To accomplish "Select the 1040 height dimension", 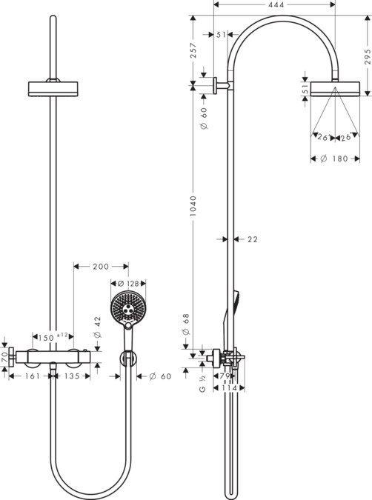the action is pos(193,207).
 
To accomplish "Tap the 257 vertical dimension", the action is pos(193,50).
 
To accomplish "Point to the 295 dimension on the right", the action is pos(368,56).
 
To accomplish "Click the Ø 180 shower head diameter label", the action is pos(334,159).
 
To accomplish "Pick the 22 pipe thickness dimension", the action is pos(253,239).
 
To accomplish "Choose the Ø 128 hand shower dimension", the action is pos(128,283).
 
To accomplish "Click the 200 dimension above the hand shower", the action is pos(101,266).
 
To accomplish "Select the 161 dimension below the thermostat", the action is pos(33,376).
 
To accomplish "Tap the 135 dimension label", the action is pos(71,376).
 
